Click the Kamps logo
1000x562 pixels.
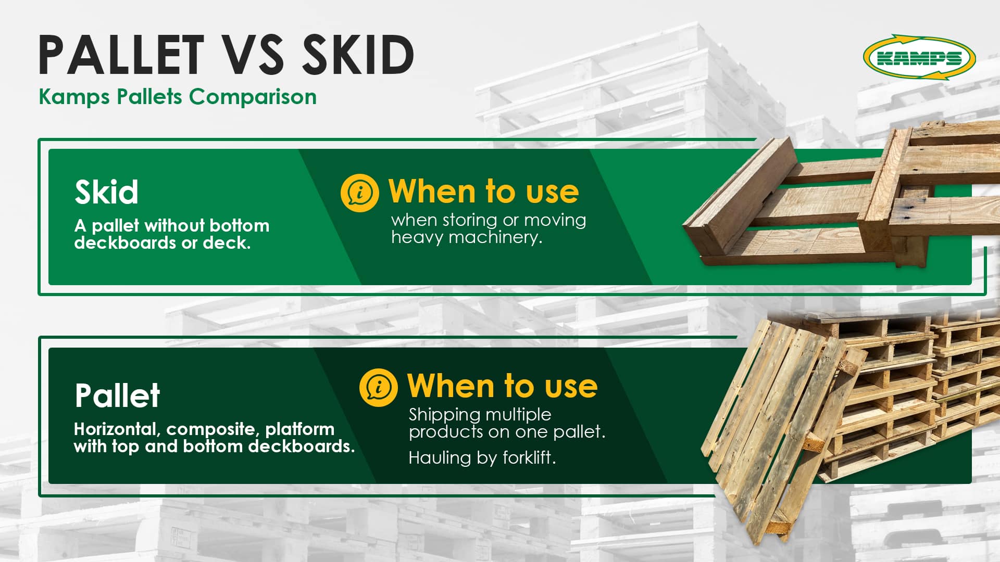click(919, 58)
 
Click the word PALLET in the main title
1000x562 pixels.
click(121, 54)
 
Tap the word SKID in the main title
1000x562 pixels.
click(358, 54)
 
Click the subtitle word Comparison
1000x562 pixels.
click(253, 97)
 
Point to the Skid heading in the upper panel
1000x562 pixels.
click(106, 192)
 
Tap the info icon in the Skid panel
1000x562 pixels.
click(359, 193)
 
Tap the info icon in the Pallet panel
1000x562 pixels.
click(378, 387)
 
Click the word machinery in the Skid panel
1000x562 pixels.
click(495, 237)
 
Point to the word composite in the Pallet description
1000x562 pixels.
click(211, 430)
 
